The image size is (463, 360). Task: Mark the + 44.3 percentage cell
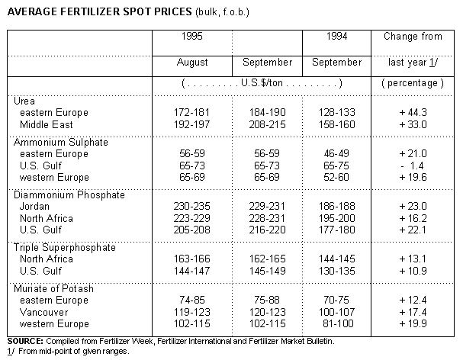[411, 113]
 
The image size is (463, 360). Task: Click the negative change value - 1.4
[411, 165]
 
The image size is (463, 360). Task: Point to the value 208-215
[267, 124]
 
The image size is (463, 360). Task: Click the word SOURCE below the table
[24, 340]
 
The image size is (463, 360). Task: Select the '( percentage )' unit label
[411, 82]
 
